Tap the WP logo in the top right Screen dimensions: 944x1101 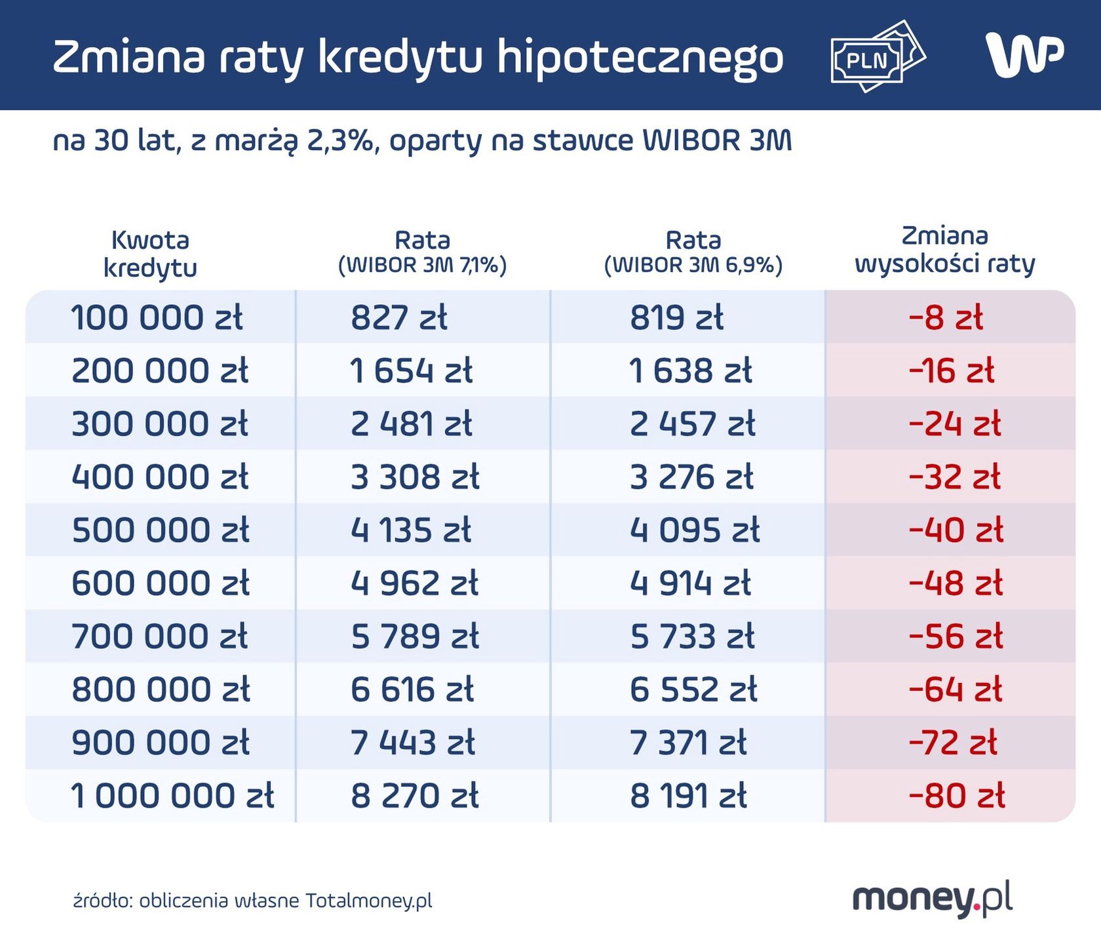point(1024,55)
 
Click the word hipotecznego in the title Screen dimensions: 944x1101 point(640,58)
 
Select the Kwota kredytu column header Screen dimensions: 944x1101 point(150,254)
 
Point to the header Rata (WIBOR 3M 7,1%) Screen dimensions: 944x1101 point(422,252)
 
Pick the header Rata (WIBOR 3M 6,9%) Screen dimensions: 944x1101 point(693,252)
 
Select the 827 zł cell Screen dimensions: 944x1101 point(398,318)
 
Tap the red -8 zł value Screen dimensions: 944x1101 point(946,318)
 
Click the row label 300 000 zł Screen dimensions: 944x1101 point(159,424)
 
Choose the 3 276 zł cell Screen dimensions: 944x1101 point(691,477)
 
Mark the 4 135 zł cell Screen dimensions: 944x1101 point(411,530)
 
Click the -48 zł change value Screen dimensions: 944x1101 point(955,583)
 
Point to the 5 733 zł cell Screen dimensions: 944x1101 point(692,637)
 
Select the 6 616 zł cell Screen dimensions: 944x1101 point(412,690)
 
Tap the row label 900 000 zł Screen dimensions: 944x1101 point(160,743)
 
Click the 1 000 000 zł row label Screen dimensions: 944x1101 point(172,796)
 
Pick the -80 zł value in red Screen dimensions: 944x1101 point(956,796)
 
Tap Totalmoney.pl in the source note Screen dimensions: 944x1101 point(369,901)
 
